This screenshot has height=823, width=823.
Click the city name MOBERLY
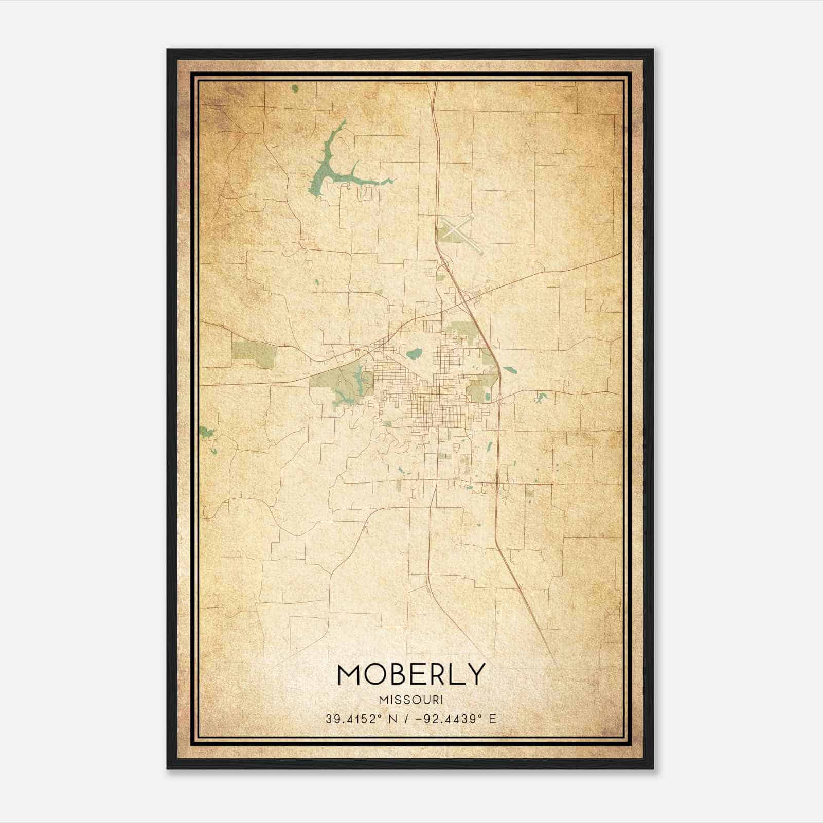tap(411, 674)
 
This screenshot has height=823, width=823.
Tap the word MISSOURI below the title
tap(411, 700)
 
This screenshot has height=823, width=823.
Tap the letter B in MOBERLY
tap(398, 674)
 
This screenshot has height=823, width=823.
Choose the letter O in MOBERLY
tap(375, 674)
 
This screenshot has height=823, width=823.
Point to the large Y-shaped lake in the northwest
tap(329, 170)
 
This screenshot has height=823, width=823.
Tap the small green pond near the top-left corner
tap(295, 88)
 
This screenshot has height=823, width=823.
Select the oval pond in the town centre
tap(414, 354)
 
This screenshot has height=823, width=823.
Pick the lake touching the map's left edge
tap(207, 433)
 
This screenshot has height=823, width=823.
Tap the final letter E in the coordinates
tap(493, 719)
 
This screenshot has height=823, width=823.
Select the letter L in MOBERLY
tap(459, 674)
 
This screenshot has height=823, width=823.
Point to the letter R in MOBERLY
tap(439, 674)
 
